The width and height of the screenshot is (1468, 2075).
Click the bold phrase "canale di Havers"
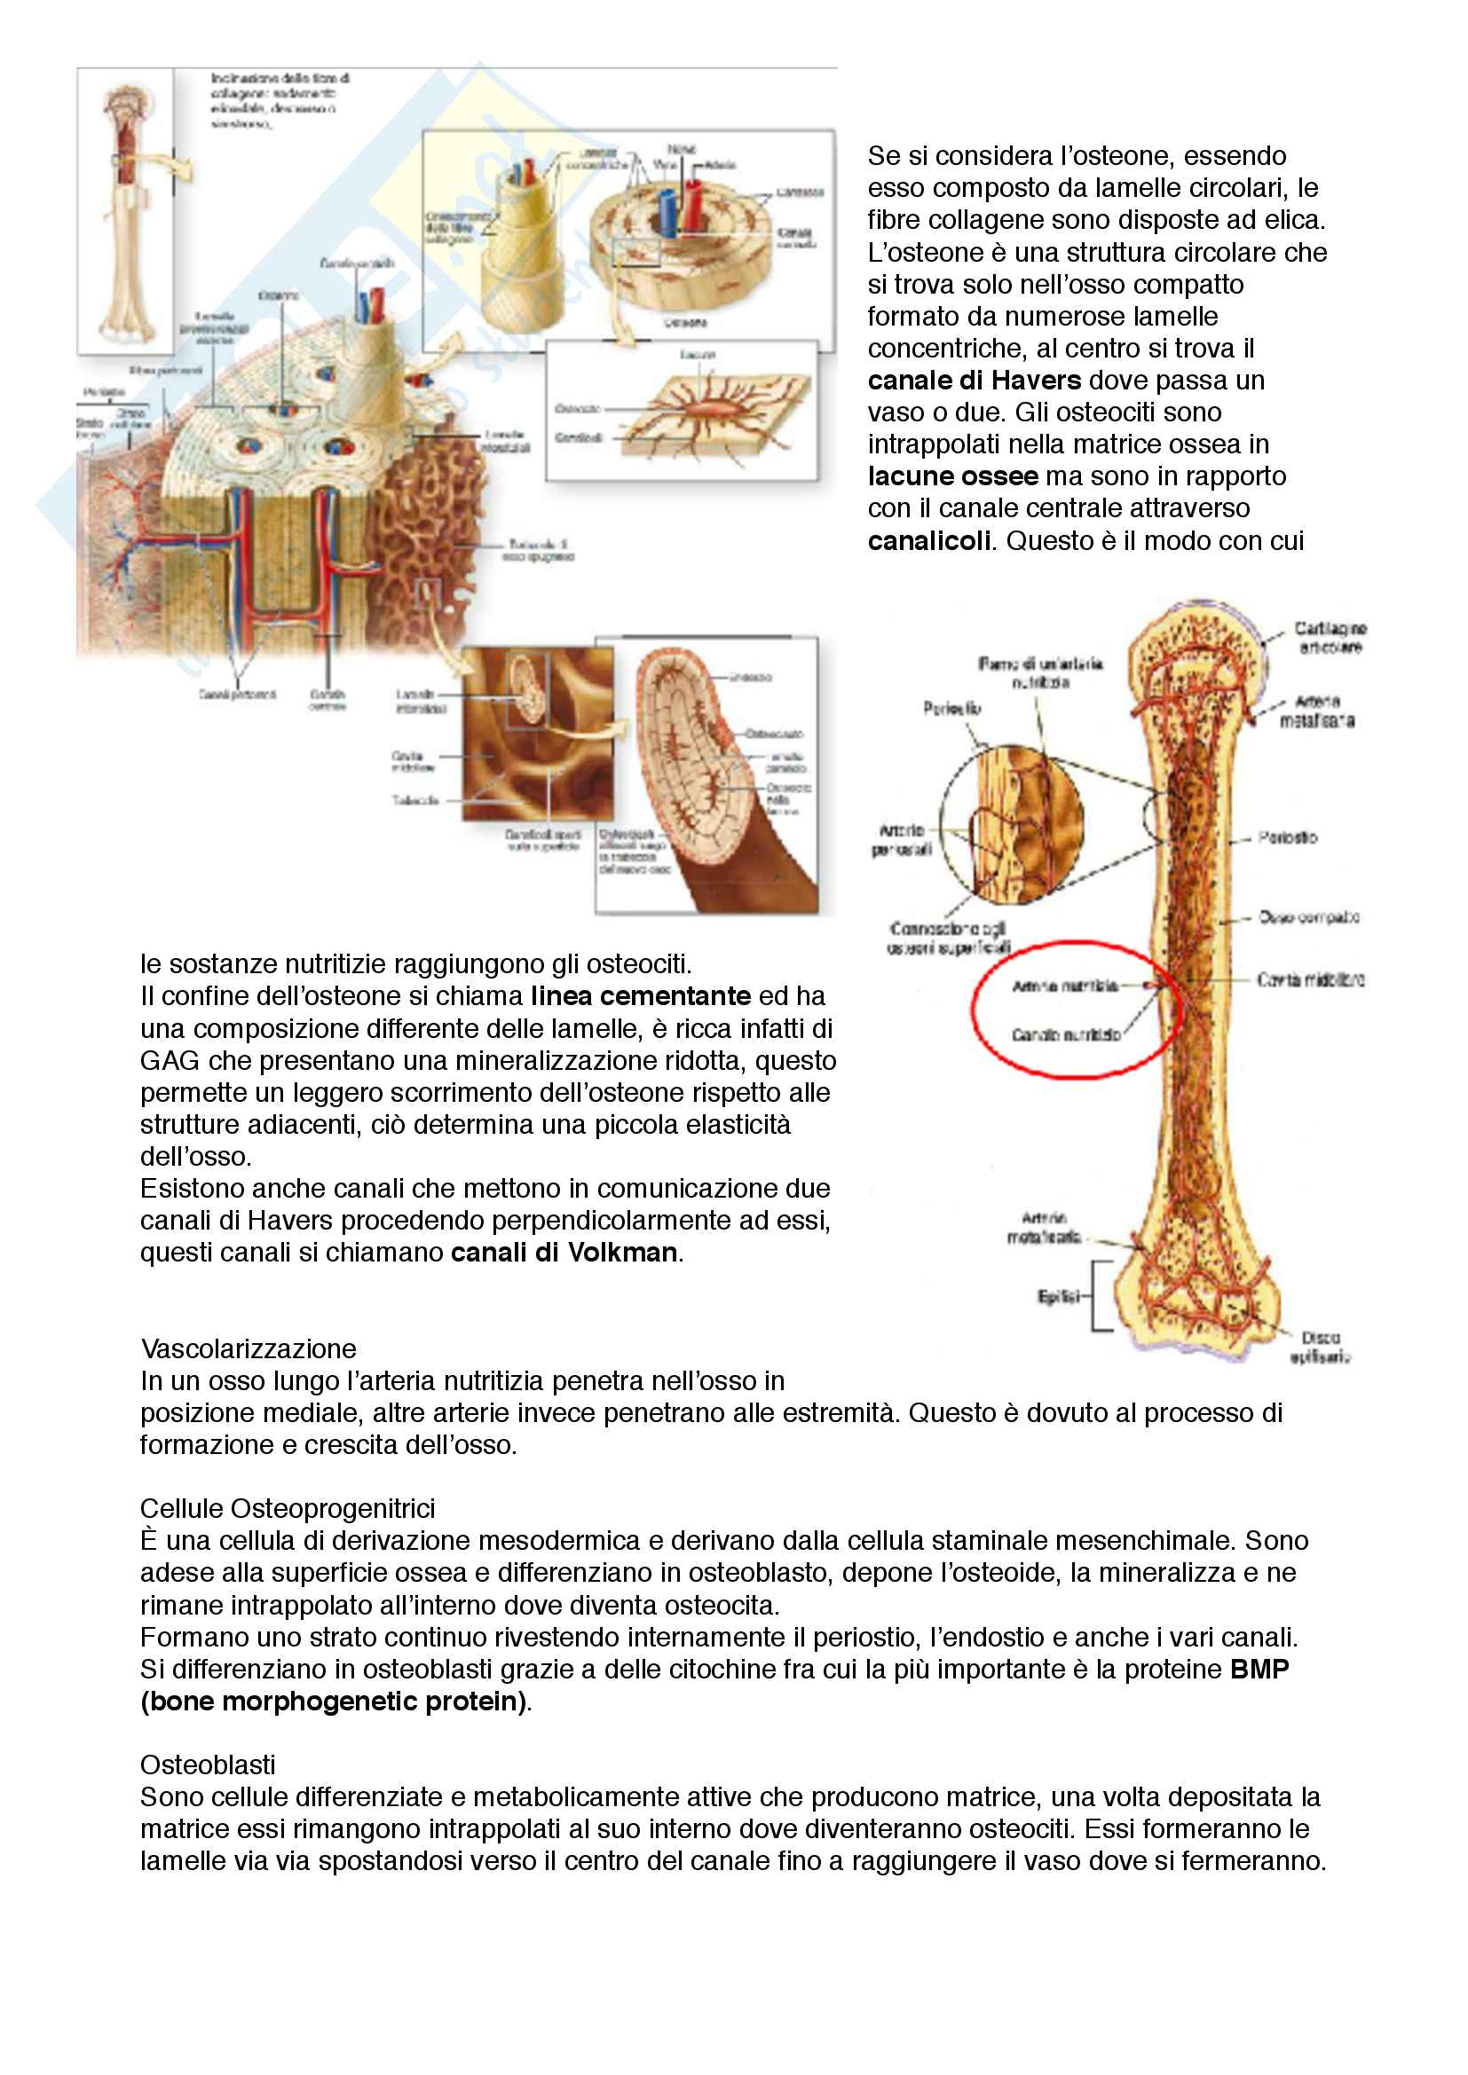click(974, 381)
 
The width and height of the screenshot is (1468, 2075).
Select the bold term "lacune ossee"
click(951, 476)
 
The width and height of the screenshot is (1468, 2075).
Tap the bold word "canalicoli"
click(928, 540)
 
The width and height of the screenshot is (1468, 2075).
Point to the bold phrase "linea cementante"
click(640, 996)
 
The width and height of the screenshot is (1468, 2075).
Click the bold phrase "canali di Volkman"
click(564, 1253)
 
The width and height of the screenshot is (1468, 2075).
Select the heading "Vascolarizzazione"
click(249, 1348)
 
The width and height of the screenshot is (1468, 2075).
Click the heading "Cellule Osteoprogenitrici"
click(288, 1508)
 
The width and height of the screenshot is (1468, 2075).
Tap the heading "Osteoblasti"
click(208, 1765)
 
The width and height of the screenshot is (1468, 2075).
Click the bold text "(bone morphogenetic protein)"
click(334, 1701)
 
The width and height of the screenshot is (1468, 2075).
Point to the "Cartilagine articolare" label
click(1330, 637)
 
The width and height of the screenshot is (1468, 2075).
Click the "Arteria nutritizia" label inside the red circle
click(1064, 986)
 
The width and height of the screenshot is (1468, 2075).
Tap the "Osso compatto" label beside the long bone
click(1308, 917)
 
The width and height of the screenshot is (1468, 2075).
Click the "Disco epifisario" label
click(1321, 1347)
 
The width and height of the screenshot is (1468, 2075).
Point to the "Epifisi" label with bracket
click(1058, 1297)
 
